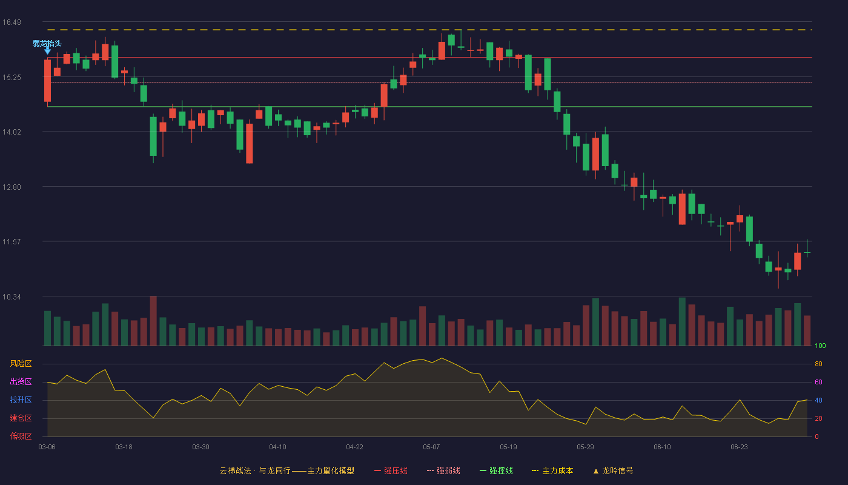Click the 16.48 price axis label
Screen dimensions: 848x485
pos(12,22)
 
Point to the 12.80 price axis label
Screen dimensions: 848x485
pos(12,187)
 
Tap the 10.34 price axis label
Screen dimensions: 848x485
pos(12,297)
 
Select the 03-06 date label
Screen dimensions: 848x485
pos(47,447)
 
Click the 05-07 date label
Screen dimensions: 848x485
pos(431,447)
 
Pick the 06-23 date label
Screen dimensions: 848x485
pos(739,447)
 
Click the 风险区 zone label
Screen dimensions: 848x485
pos(21,364)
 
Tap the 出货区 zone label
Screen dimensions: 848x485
pos(21,381)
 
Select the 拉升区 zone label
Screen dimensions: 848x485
pos(21,400)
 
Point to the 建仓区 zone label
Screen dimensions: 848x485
pos(21,418)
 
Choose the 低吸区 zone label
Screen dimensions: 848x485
pos(21,436)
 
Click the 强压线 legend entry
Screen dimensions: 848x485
pos(391,471)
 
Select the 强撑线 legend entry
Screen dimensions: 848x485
pos(496,471)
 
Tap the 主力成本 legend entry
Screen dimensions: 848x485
pos(552,471)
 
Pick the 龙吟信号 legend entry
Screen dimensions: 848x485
pos(613,471)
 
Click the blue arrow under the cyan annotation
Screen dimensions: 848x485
pos(47,51)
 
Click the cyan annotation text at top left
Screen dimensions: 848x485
pos(47,44)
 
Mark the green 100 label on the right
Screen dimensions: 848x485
pos(820,346)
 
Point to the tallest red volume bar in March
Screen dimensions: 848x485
pos(153,321)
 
